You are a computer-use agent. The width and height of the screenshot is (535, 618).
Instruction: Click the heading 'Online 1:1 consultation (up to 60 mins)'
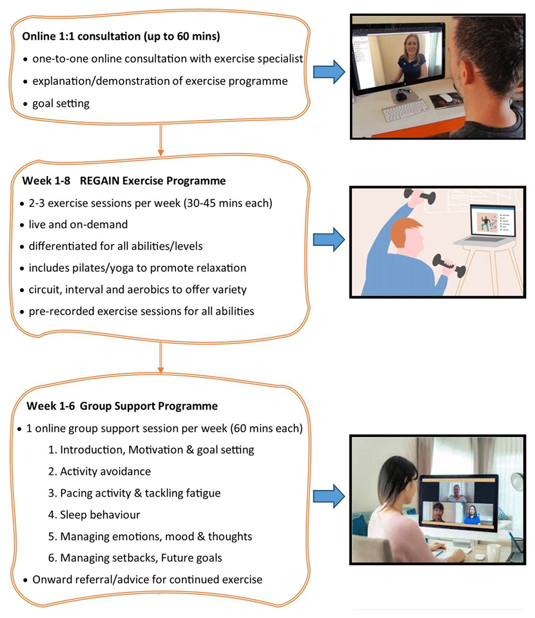121,36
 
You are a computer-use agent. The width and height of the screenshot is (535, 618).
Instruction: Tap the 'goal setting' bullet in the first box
60,103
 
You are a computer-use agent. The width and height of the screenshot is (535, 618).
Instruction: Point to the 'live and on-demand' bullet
78,224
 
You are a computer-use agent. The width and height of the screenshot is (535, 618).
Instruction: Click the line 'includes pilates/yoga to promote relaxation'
137,268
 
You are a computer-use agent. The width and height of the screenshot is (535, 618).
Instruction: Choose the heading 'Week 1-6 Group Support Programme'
122,406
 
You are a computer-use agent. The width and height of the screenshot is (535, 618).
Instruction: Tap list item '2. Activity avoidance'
100,471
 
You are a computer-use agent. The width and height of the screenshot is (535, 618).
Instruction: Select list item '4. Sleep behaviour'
94,515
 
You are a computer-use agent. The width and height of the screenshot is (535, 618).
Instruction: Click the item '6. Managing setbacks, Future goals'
135,558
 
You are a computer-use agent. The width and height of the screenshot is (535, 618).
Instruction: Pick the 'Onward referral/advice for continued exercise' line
147,579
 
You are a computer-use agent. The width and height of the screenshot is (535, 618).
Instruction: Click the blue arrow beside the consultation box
329,72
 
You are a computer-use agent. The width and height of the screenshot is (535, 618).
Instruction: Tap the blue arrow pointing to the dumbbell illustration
329,239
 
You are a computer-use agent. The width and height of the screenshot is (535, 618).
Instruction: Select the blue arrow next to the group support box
329,496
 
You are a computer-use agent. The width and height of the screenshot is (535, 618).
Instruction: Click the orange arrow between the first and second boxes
160,140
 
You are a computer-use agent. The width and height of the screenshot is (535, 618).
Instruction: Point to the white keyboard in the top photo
406,110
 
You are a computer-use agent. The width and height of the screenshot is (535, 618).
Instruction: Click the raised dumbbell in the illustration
421,196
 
